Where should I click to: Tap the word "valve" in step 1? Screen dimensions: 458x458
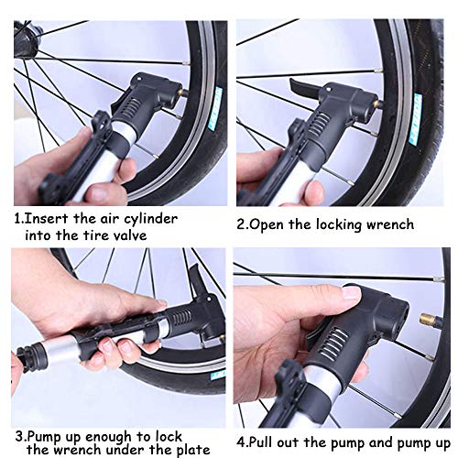click(128, 235)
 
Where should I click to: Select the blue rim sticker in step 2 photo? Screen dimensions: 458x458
click(416, 118)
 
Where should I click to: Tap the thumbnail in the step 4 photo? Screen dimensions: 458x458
click(351, 293)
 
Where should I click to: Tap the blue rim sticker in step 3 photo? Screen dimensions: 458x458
click(217, 375)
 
